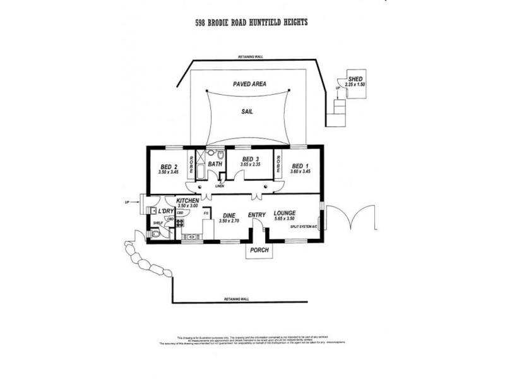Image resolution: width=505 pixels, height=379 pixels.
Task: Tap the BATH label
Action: (x=216, y=164)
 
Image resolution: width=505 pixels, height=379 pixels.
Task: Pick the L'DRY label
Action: (x=166, y=210)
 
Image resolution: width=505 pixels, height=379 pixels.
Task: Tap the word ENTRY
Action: (x=257, y=215)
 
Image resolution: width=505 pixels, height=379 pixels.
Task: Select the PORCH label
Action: (x=259, y=250)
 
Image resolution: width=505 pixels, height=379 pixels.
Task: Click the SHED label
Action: (x=355, y=78)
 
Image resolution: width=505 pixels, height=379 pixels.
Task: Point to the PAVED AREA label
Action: (x=248, y=83)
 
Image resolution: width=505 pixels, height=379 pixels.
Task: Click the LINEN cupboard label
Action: (x=219, y=186)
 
